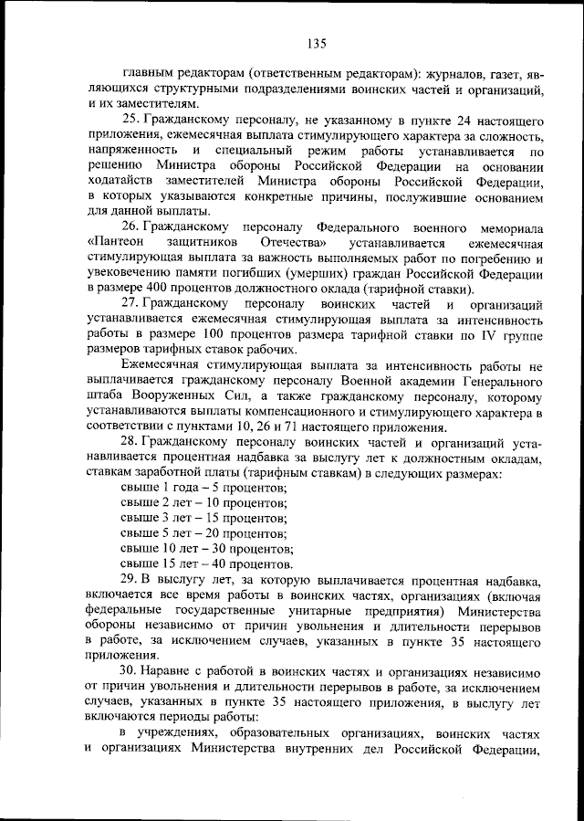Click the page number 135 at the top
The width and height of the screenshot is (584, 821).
[317, 43]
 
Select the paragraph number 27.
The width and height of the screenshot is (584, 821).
[130, 302]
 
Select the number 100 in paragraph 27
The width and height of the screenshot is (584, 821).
[236, 334]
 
